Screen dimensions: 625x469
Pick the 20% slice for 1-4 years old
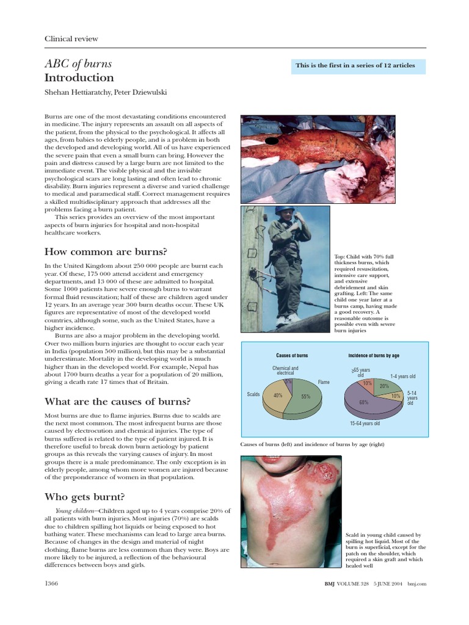[x=384, y=386]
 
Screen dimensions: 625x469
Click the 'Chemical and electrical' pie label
[x=285, y=370]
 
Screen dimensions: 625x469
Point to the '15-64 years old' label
[x=365, y=423]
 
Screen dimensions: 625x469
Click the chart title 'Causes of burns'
[x=292, y=355]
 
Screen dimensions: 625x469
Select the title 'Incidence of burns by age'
[x=374, y=355]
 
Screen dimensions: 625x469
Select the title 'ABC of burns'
[x=78, y=64]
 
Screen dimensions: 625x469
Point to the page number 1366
[x=52, y=584]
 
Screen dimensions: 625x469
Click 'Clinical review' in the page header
[x=71, y=38]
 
